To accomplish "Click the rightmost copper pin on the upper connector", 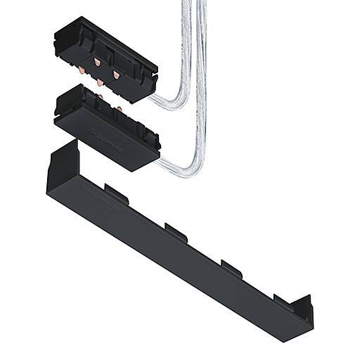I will (116, 75).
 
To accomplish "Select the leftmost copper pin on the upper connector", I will (83, 68).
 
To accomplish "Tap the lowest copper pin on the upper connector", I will (100, 83).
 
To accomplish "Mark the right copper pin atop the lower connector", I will (119, 108).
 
